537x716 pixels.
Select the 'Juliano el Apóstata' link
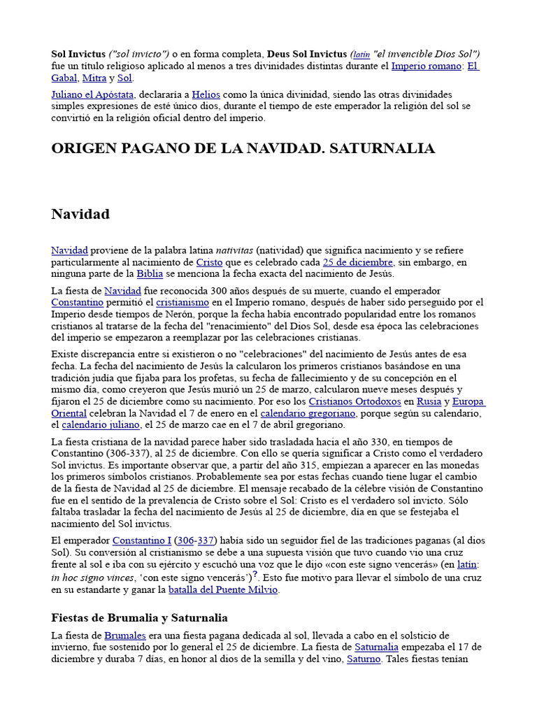pyautogui.click(x=94, y=94)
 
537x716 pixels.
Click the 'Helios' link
pyautogui.click(x=206, y=94)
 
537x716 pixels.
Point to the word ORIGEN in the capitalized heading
pyautogui.click(x=83, y=148)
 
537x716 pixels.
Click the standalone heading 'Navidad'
pyautogui.click(x=80, y=214)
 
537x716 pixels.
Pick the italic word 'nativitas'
pyautogui.click(x=234, y=250)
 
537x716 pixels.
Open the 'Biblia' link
pyautogui.click(x=150, y=274)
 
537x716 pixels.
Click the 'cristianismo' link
pyautogui.click(x=182, y=302)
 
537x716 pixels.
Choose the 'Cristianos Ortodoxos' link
pyautogui.click(x=355, y=401)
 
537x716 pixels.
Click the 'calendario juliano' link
pyautogui.click(x=101, y=425)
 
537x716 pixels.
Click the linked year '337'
pyautogui.click(x=206, y=541)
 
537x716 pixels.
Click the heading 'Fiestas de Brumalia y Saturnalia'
pyautogui.click(x=139, y=618)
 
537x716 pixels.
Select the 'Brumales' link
pyautogui.click(x=125, y=635)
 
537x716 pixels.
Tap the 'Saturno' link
pyautogui.click(x=364, y=659)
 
